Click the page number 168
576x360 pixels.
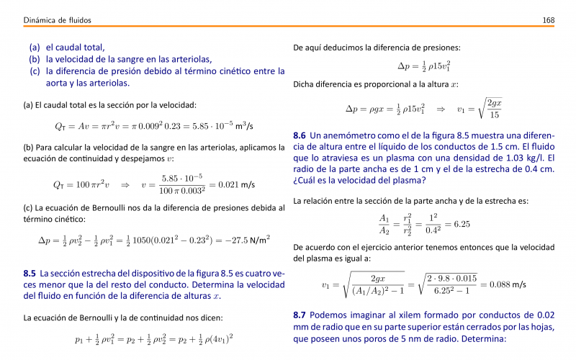548,19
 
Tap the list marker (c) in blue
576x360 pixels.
35,71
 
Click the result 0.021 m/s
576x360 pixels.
238,184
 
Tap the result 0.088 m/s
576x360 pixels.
508,284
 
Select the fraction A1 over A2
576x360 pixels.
384,225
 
